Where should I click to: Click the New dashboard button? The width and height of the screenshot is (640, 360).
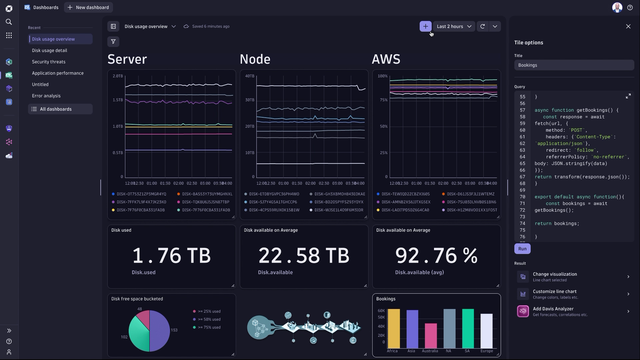tap(88, 8)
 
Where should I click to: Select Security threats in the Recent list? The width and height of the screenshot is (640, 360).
tap(48, 62)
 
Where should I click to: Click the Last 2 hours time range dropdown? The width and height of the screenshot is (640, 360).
tap(454, 26)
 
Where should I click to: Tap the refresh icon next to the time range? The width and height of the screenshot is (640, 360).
tap(482, 26)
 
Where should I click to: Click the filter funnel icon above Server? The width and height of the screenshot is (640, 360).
tap(114, 42)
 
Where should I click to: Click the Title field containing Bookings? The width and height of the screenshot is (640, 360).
tap(574, 65)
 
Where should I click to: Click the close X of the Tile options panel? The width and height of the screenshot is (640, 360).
tap(628, 26)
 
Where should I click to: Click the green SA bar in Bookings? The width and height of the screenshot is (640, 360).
tap(468, 328)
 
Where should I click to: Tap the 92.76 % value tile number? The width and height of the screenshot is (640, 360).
tap(436, 256)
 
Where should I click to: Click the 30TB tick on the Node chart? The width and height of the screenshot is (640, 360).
tap(250, 100)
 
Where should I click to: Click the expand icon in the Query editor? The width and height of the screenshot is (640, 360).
tap(628, 96)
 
